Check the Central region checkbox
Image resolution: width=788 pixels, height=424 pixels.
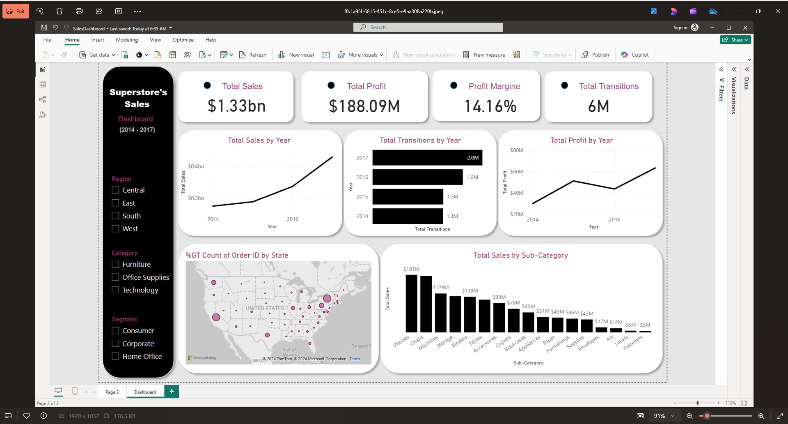click(115, 190)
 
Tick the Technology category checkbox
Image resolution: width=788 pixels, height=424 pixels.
click(115, 290)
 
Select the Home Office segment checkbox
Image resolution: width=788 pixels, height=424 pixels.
click(115, 356)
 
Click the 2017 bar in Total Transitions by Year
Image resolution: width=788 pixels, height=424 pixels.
click(427, 158)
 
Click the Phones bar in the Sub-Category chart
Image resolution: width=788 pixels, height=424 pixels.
click(411, 303)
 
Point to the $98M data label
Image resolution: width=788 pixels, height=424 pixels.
click(499, 297)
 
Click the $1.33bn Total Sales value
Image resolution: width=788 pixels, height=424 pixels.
click(236, 106)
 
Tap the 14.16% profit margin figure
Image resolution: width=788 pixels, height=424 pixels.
click(490, 106)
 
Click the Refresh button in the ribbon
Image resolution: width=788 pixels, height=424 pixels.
click(253, 55)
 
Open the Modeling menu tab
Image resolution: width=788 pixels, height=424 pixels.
click(127, 40)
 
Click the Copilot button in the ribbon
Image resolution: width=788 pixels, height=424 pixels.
click(635, 55)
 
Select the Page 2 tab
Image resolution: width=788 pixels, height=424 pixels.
click(112, 392)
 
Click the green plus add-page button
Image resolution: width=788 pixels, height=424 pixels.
click(172, 392)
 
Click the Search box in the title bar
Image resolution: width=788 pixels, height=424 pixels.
click(428, 28)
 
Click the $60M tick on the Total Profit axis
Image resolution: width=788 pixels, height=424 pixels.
click(517, 172)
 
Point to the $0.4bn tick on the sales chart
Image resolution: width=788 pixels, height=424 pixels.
click(196, 166)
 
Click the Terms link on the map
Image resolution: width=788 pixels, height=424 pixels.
click(355, 359)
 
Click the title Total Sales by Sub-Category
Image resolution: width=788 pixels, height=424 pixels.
click(520, 256)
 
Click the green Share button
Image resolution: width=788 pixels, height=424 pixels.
click(735, 40)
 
